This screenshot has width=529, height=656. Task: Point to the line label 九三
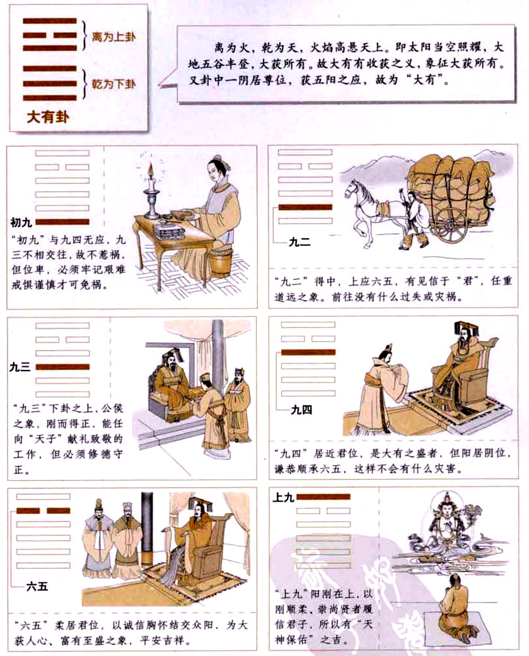click(x=20, y=367)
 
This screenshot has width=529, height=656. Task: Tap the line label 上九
click(x=281, y=497)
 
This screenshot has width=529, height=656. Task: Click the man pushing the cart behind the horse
click(x=416, y=217)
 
